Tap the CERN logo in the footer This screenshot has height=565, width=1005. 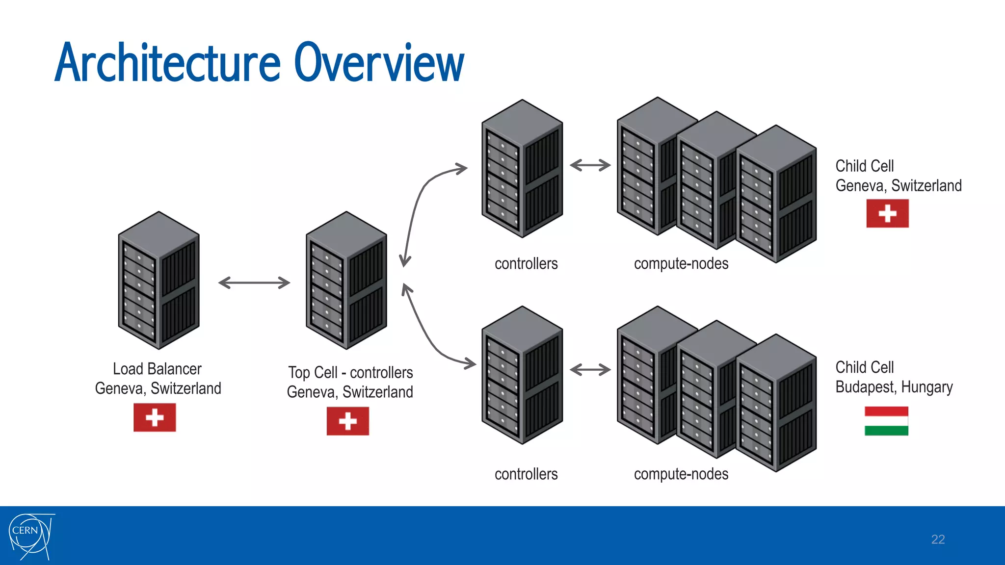coord(30,536)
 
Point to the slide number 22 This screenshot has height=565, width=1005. coord(938,539)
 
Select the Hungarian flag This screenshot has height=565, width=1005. coord(886,421)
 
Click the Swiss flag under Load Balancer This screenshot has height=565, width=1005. coord(155,417)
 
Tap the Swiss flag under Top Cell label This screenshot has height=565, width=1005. coord(347,421)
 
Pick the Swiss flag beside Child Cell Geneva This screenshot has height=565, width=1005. coord(887,213)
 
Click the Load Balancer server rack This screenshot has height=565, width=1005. coord(159,281)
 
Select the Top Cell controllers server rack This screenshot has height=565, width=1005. coord(346,281)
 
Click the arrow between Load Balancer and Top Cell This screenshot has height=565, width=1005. coord(254,282)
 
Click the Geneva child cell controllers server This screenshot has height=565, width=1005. coord(522,169)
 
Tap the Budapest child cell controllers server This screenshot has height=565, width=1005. coord(522,375)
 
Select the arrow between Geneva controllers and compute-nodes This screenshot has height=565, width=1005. coord(590,165)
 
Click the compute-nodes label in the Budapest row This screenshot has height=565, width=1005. coord(681,474)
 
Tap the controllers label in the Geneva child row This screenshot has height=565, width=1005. coord(526,264)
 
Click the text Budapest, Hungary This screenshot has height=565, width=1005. coord(894,387)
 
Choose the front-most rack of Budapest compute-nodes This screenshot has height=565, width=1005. coord(776,403)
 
